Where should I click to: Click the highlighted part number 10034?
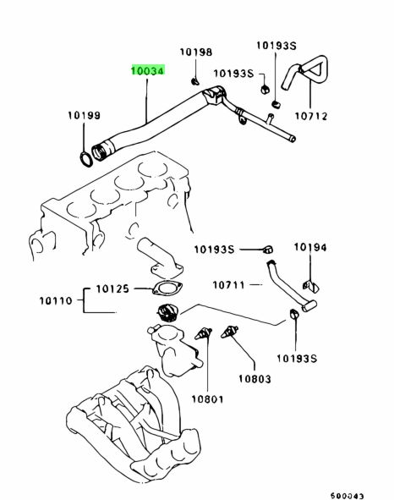pyautogui.click(x=148, y=70)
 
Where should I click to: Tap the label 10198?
pyautogui.click(x=196, y=52)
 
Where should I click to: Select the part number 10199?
pyautogui.click(x=85, y=115)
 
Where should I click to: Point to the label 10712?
pyautogui.click(x=311, y=116)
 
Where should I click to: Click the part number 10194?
pyautogui.click(x=310, y=247)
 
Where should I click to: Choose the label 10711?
pyautogui.click(x=229, y=285)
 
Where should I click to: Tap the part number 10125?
pyautogui.click(x=112, y=288)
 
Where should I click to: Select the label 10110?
pyautogui.click(x=56, y=300)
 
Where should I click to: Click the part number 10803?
pyautogui.click(x=255, y=379)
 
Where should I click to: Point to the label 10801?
pyautogui.click(x=207, y=399)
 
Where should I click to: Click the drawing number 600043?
pyautogui.click(x=347, y=496)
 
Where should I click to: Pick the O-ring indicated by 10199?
pyautogui.click(x=85, y=159)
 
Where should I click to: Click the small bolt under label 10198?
pyautogui.click(x=194, y=81)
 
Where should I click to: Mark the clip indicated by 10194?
pyautogui.click(x=311, y=286)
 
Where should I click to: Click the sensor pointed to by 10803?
pyautogui.click(x=229, y=332)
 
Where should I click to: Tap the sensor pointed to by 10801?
pyautogui.click(x=204, y=334)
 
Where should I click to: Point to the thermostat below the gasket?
pyautogui.click(x=167, y=312)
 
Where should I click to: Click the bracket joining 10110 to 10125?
pyautogui.click(x=84, y=300)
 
